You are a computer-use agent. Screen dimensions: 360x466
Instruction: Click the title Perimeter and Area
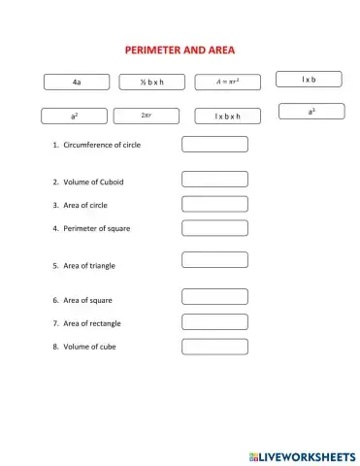[x=180, y=50]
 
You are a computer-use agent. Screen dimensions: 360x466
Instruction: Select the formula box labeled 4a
[x=76, y=83]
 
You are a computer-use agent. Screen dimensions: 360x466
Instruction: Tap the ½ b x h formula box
[x=152, y=83]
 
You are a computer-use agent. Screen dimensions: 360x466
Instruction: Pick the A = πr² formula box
[x=228, y=83]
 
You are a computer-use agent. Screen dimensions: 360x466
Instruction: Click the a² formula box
[x=75, y=116]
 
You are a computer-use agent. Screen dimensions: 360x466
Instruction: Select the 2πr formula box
[x=147, y=116]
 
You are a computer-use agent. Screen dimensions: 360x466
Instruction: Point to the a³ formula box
[x=311, y=112]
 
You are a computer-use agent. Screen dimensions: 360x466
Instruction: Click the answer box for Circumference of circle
[x=214, y=145]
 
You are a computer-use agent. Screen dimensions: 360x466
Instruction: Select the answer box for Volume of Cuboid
[x=214, y=180]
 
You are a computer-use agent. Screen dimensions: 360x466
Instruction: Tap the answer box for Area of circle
[x=214, y=204]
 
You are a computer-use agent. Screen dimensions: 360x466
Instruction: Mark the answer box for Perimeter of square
[x=214, y=228]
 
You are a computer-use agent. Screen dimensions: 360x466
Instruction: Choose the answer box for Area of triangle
[x=214, y=260]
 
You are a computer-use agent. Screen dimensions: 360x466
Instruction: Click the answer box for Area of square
[x=214, y=298]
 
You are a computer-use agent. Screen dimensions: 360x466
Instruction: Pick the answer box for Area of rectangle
[x=214, y=322]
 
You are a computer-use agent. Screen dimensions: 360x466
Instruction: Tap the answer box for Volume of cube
[x=214, y=347]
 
